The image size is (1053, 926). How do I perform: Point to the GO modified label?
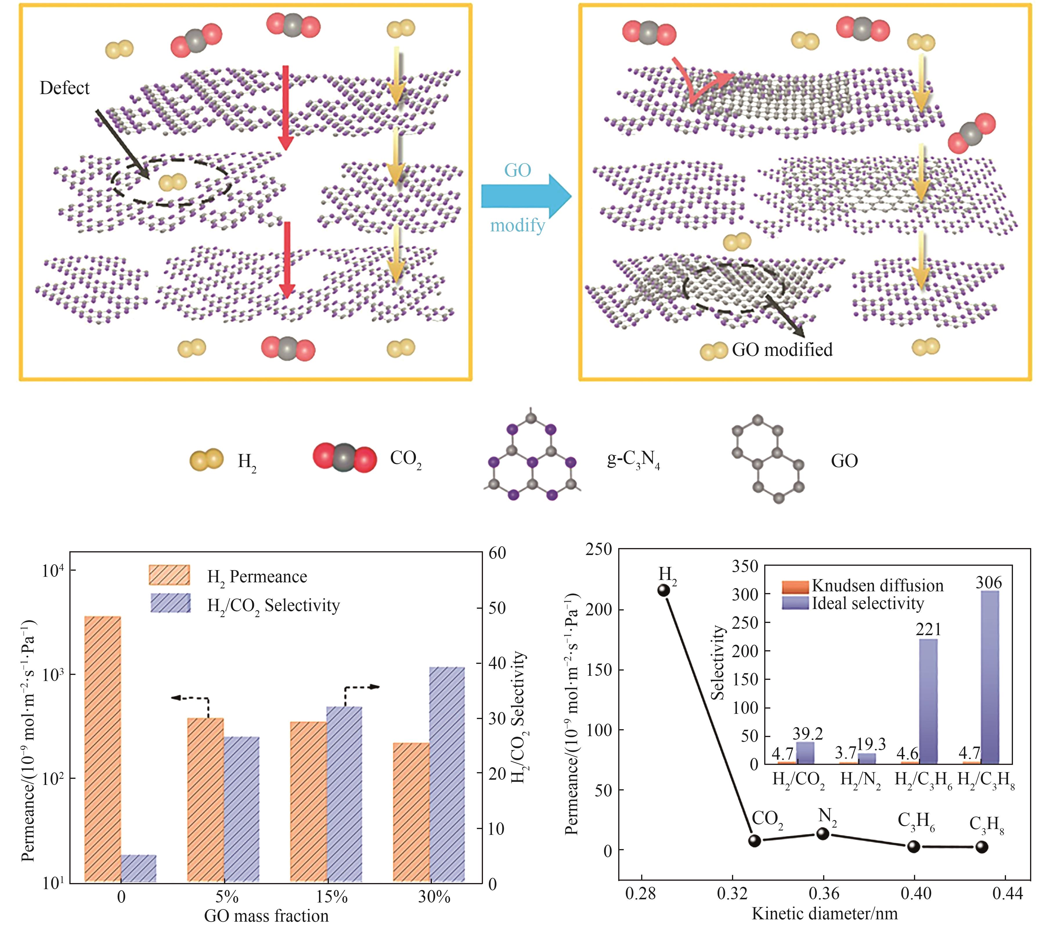(782, 350)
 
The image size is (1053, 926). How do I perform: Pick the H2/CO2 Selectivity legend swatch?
(171, 603)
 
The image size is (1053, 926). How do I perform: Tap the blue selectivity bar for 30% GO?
(447, 773)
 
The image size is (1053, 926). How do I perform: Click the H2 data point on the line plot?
(663, 590)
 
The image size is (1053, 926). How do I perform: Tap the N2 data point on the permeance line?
(823, 833)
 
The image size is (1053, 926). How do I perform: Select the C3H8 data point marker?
(982, 847)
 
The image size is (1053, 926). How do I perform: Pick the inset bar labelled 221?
(928, 701)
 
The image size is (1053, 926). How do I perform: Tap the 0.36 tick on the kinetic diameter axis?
(823, 893)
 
